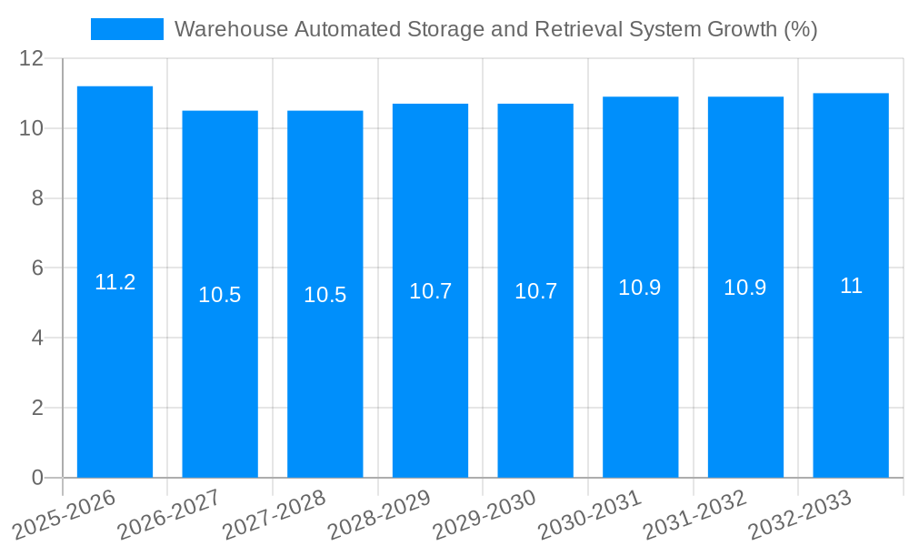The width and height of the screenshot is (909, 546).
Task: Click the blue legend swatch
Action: click(x=126, y=29)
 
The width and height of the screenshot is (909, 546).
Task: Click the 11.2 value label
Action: click(x=115, y=282)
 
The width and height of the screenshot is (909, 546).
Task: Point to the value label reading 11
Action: click(x=851, y=286)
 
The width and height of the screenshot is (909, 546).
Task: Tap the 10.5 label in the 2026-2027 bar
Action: click(x=220, y=295)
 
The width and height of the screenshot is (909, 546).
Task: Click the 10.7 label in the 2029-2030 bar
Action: click(x=535, y=291)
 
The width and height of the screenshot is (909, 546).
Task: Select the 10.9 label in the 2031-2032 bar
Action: click(x=745, y=288)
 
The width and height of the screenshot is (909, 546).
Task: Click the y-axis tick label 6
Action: click(x=37, y=268)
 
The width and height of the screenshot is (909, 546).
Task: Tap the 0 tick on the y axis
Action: click(x=37, y=478)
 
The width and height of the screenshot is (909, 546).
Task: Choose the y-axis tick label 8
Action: click(x=37, y=198)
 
